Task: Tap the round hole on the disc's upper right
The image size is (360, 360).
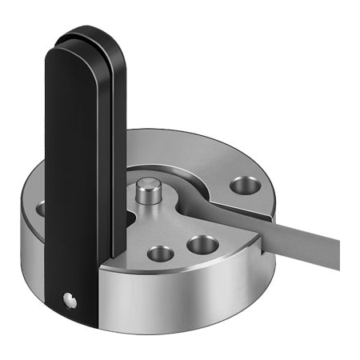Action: pyautogui.click(x=244, y=186)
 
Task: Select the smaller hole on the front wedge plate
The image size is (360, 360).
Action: pyautogui.click(x=160, y=254)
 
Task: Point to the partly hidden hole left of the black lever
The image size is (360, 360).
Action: pyautogui.click(x=41, y=209)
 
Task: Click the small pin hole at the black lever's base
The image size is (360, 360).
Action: pyautogui.click(x=70, y=301)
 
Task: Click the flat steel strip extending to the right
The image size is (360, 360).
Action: pyautogui.click(x=296, y=233)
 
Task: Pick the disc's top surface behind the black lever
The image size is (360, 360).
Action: pyautogui.click(x=168, y=148)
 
